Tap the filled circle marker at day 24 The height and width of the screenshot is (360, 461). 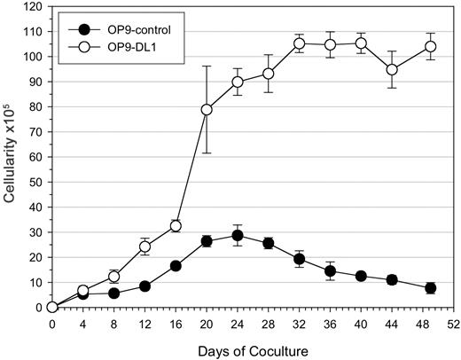pyautogui.click(x=237, y=235)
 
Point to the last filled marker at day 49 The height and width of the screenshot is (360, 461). pyautogui.click(x=430, y=287)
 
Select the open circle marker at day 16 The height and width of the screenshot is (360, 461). pyautogui.click(x=176, y=226)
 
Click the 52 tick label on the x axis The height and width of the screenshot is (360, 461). pyautogui.click(x=453, y=324)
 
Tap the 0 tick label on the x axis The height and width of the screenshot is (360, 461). pyautogui.click(x=52, y=324)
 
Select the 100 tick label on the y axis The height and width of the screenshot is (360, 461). pyautogui.click(x=34, y=56)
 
